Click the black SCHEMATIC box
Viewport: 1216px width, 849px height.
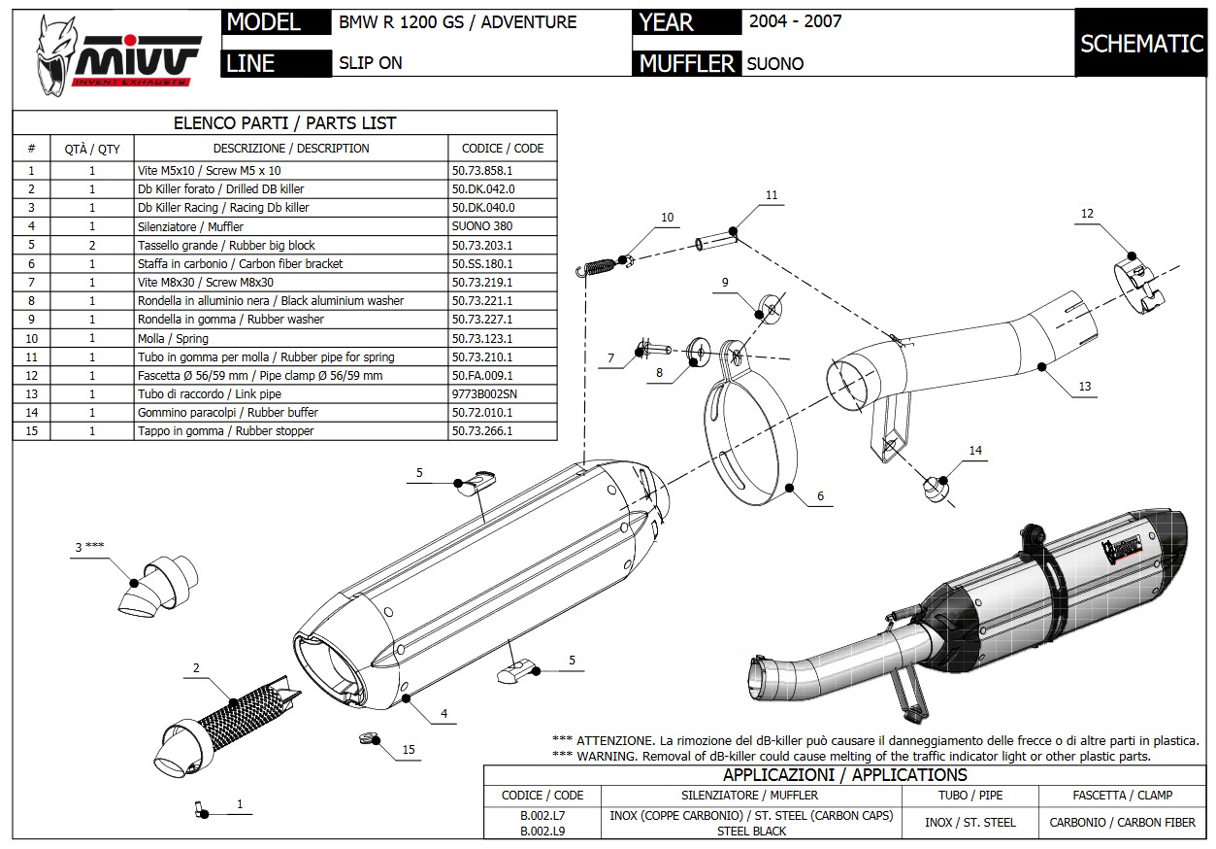coord(1141,43)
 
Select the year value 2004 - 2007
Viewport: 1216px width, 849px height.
coord(795,20)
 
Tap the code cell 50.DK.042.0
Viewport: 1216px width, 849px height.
coord(483,188)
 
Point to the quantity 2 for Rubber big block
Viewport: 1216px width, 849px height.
coord(92,245)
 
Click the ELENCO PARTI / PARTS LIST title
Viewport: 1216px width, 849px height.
coord(284,123)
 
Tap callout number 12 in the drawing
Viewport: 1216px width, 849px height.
coord(1087,214)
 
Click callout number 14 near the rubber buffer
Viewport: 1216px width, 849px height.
coord(975,450)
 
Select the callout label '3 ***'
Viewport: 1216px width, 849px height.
coord(90,546)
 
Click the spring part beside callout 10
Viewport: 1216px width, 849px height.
coord(605,261)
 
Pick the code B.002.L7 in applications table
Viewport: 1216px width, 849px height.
coord(542,816)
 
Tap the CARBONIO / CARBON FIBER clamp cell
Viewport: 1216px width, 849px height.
coord(1122,822)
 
